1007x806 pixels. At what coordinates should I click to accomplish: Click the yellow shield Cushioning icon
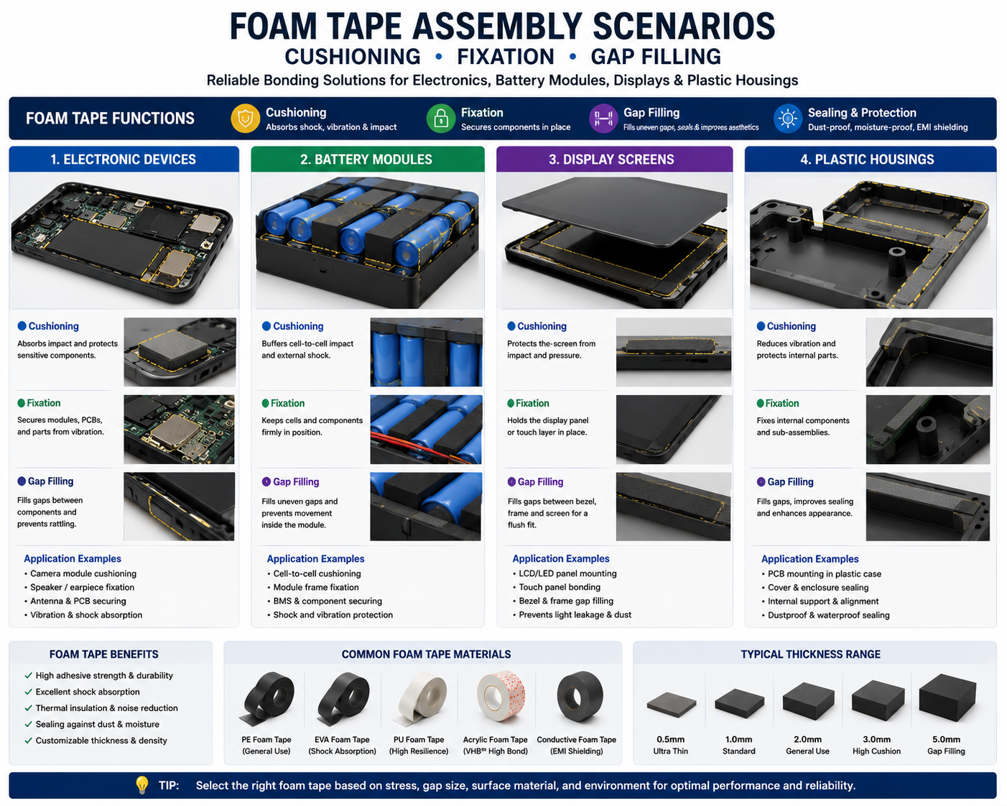[245, 119]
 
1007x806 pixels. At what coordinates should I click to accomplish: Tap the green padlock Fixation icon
[441, 119]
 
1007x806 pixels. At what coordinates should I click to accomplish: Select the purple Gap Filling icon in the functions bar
[603, 119]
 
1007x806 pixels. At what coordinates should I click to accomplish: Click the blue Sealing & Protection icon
[787, 119]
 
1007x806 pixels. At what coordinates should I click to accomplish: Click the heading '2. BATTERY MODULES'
[366, 159]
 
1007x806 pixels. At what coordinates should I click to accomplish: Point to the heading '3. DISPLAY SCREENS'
[611, 159]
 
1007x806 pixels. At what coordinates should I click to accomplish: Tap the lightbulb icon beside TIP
[141, 784]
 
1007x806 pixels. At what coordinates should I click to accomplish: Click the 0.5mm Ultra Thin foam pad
[672, 705]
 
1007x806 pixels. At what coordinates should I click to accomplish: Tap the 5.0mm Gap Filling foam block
[947, 698]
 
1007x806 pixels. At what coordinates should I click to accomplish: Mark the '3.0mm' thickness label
[876, 739]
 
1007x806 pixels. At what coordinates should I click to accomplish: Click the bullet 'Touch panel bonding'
[560, 587]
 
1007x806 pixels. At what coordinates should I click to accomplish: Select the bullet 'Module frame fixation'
[316, 587]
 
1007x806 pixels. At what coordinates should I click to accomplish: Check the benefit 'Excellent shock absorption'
[88, 692]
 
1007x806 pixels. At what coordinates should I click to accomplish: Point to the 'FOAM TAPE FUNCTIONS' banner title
[110, 119]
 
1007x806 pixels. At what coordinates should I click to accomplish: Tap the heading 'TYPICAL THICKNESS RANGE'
[810, 654]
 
